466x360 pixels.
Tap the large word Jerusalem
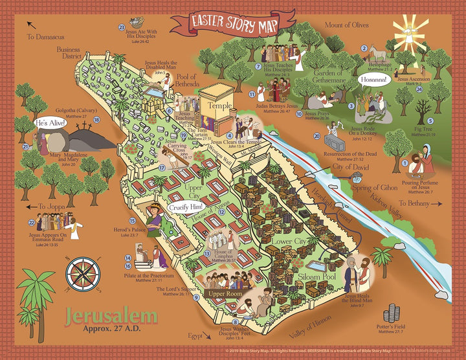tap(111, 317)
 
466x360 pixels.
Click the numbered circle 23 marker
tap(122, 27)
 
